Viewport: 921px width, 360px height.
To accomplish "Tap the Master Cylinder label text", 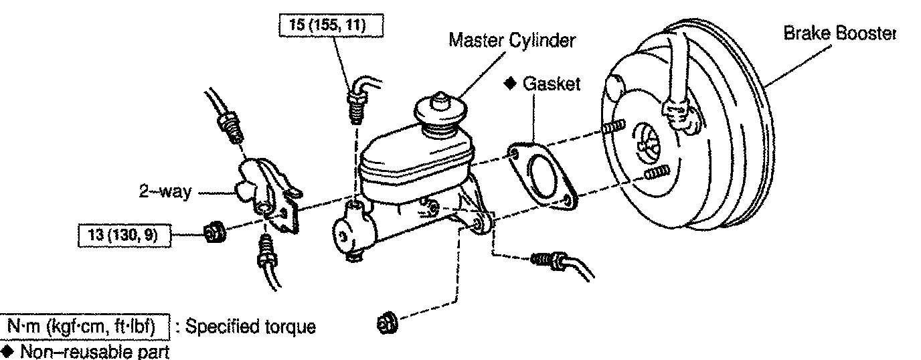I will [511, 41].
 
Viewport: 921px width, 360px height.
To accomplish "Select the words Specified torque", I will [249, 328].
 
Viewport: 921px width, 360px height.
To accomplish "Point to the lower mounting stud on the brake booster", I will [657, 173].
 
